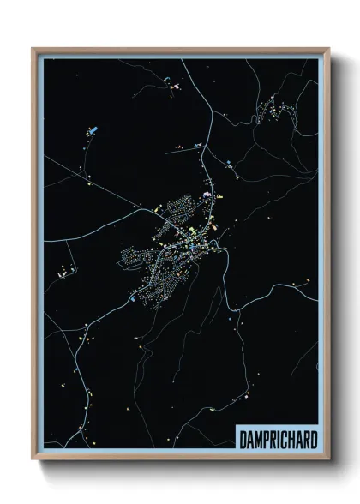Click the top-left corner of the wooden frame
coord(33,49)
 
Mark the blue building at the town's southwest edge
coord(132,300)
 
